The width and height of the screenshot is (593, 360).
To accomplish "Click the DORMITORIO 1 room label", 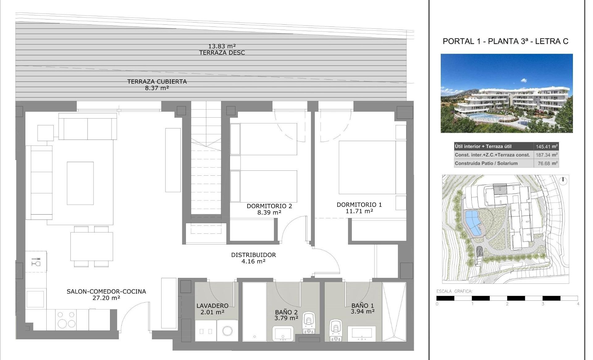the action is pyautogui.click(x=359, y=204).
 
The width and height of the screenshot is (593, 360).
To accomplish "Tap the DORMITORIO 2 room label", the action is pyautogui.click(x=269, y=206).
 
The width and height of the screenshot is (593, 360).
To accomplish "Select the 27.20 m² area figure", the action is pyautogui.click(x=106, y=298).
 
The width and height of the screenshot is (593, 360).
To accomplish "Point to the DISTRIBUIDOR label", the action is pyautogui.click(x=254, y=255).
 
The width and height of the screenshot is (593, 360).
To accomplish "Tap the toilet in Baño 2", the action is pyautogui.click(x=309, y=323).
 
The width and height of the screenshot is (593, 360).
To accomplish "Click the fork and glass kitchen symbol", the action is pyautogui.click(x=36, y=262).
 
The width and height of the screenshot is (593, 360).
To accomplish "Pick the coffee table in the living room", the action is pyautogui.click(x=80, y=183).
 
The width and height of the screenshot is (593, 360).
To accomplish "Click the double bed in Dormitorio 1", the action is pyautogui.click(x=368, y=167).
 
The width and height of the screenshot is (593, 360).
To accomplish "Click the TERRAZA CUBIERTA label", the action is pyautogui.click(x=157, y=82).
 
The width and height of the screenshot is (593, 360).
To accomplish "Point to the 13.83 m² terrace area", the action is pyautogui.click(x=222, y=46).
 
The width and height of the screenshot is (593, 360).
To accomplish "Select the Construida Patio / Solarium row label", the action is pyautogui.click(x=486, y=163).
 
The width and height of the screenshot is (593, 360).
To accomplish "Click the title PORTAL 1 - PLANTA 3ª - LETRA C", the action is pyautogui.click(x=506, y=41).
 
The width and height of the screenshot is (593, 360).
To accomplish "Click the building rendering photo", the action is pyautogui.click(x=507, y=93).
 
